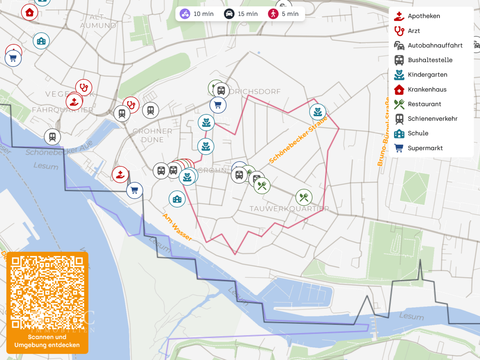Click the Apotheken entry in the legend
point(424,16)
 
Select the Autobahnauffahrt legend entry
point(435,45)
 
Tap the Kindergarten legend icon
point(399,75)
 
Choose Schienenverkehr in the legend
point(432,119)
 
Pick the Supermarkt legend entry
point(425,148)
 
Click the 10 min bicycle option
point(197,14)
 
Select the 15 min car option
point(241,14)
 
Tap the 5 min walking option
point(284,14)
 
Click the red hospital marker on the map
point(30,13)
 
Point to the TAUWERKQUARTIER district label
point(289,209)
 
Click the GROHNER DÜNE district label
point(152,135)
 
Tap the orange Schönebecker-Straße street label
point(298,140)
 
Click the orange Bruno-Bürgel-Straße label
point(383,132)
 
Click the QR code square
point(47,293)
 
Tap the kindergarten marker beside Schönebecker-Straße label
point(318,112)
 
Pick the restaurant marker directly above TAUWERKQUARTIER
point(304,198)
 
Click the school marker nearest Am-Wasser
point(177,199)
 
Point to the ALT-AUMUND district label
point(98,21)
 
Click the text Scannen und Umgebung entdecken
point(47,341)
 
